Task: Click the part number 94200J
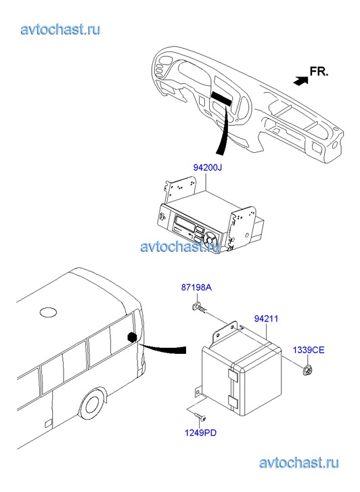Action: click(x=207, y=168)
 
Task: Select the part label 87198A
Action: click(x=196, y=287)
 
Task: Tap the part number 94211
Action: click(x=266, y=319)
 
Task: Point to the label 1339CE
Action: click(x=309, y=350)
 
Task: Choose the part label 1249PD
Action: click(x=200, y=433)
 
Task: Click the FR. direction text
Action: click(x=319, y=72)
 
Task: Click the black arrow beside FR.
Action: click(x=300, y=81)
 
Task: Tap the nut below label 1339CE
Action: click(x=307, y=371)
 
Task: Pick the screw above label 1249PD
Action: click(x=200, y=416)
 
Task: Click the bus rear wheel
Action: click(x=92, y=403)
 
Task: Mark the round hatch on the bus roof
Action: click(x=48, y=312)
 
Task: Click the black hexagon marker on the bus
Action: click(x=132, y=338)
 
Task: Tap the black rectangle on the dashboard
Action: click(x=221, y=98)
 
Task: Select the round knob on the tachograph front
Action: click(x=209, y=240)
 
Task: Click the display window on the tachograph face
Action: click(x=184, y=224)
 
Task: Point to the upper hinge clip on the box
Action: click(x=233, y=376)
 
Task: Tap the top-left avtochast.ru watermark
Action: click(x=60, y=30)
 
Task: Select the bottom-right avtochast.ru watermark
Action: click(x=299, y=463)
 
